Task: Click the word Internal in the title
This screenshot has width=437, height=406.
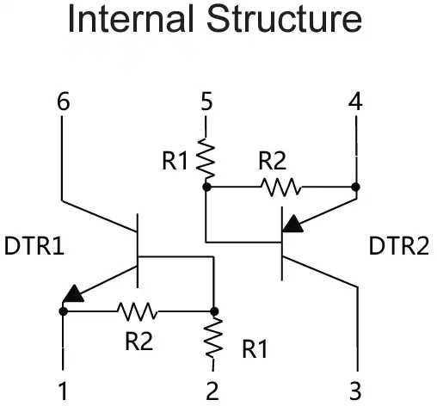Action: [x=131, y=20]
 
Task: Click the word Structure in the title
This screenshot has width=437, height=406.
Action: [x=285, y=20]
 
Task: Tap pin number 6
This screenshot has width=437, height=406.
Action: [x=64, y=101]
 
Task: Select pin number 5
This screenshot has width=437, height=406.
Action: [x=206, y=101]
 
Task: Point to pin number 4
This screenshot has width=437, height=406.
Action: [x=355, y=101]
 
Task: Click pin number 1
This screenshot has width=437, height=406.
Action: [x=63, y=391]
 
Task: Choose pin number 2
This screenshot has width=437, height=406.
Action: [x=212, y=391]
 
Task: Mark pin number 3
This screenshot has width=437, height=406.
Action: [x=355, y=391]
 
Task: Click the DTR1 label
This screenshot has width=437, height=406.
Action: [x=34, y=246]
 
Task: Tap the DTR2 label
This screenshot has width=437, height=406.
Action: [x=398, y=246]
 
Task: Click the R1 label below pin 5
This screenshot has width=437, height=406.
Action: [x=175, y=161]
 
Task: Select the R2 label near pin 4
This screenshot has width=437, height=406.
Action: [x=273, y=161]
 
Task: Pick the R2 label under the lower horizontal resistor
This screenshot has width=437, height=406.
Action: [x=139, y=341]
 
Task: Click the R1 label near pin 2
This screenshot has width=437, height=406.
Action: [x=255, y=349]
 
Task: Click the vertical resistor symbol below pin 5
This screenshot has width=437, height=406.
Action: [x=206, y=157]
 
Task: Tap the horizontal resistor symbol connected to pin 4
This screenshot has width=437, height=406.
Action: [x=281, y=188]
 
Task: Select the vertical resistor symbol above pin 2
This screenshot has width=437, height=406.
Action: [x=213, y=338]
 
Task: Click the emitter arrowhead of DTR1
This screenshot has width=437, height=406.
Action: [x=73, y=294]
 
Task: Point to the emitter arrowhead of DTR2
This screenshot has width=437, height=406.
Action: [x=292, y=225]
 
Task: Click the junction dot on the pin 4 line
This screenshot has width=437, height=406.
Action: [x=355, y=187]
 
